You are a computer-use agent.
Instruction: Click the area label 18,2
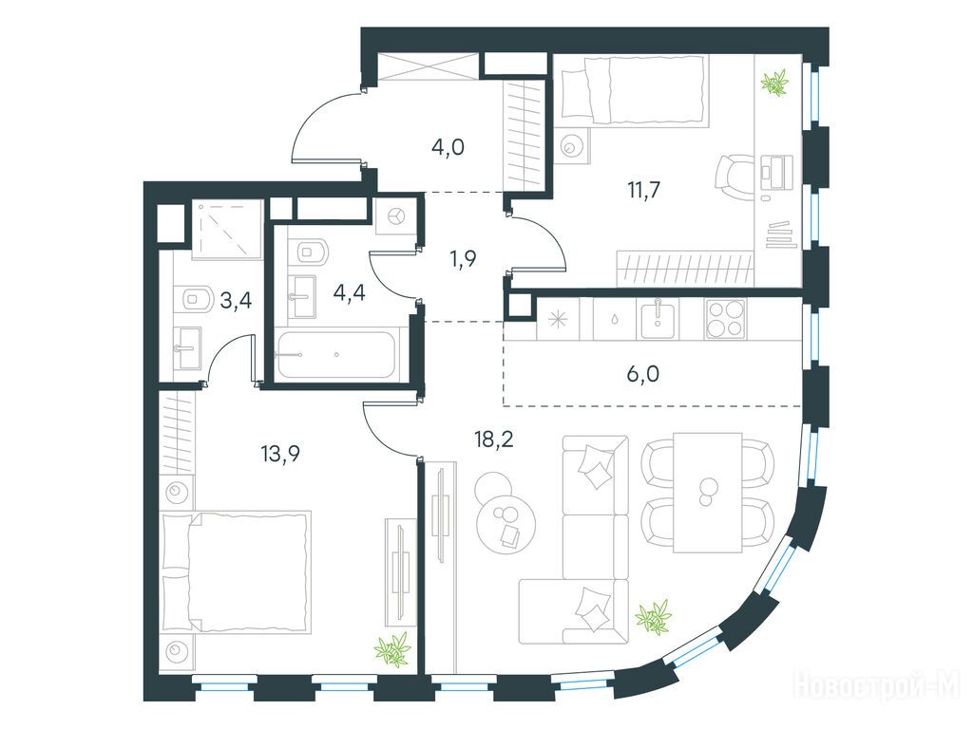click(494, 440)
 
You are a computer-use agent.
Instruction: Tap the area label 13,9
click(280, 455)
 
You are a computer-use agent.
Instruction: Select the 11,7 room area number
click(643, 190)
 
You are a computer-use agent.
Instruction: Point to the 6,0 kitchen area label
click(643, 374)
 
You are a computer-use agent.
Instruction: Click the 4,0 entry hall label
click(448, 147)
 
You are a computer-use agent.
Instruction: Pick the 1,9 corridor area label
click(463, 259)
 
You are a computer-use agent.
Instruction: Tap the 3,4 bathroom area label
click(236, 301)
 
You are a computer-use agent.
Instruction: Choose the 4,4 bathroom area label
click(350, 292)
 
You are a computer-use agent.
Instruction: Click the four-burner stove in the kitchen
click(725, 319)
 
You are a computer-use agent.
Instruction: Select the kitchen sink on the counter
click(659, 319)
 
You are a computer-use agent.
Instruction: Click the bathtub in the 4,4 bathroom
click(336, 355)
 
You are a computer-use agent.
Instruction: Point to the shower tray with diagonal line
click(226, 230)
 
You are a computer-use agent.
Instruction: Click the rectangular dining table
click(707, 493)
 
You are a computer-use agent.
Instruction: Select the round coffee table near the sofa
click(506, 520)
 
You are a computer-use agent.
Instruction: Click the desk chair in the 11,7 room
click(735, 176)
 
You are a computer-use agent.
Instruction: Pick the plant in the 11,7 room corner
click(774, 84)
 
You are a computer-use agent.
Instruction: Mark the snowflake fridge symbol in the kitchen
click(557, 320)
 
